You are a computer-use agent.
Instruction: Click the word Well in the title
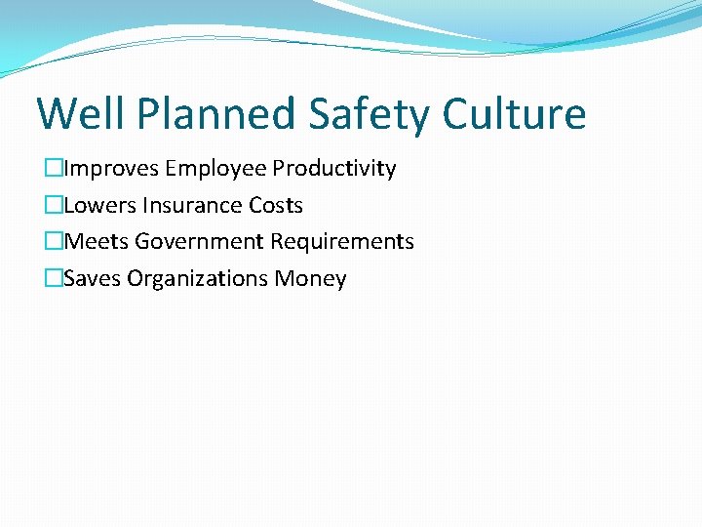81,114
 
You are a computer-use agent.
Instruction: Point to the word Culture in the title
514,114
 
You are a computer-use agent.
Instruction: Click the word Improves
112,169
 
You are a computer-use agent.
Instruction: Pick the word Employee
216,169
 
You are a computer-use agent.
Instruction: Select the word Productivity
334,169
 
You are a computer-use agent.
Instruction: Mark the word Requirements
342,242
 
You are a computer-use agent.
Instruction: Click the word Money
310,279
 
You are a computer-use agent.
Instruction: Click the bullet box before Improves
54,169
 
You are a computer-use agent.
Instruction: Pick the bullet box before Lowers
54,206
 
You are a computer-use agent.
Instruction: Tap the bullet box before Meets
54,242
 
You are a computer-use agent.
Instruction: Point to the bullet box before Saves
54,279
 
